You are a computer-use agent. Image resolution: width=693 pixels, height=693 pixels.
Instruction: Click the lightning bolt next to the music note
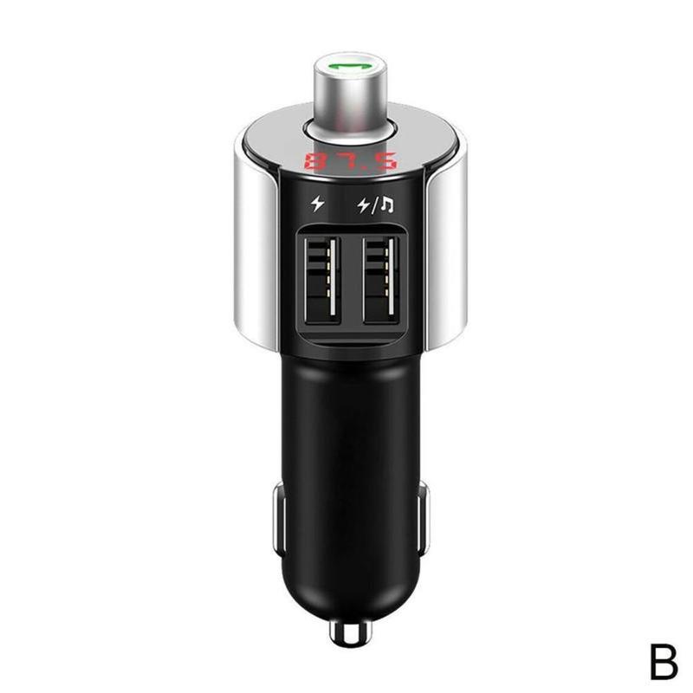[363, 206]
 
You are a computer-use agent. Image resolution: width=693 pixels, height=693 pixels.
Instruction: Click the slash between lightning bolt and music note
[375, 206]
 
